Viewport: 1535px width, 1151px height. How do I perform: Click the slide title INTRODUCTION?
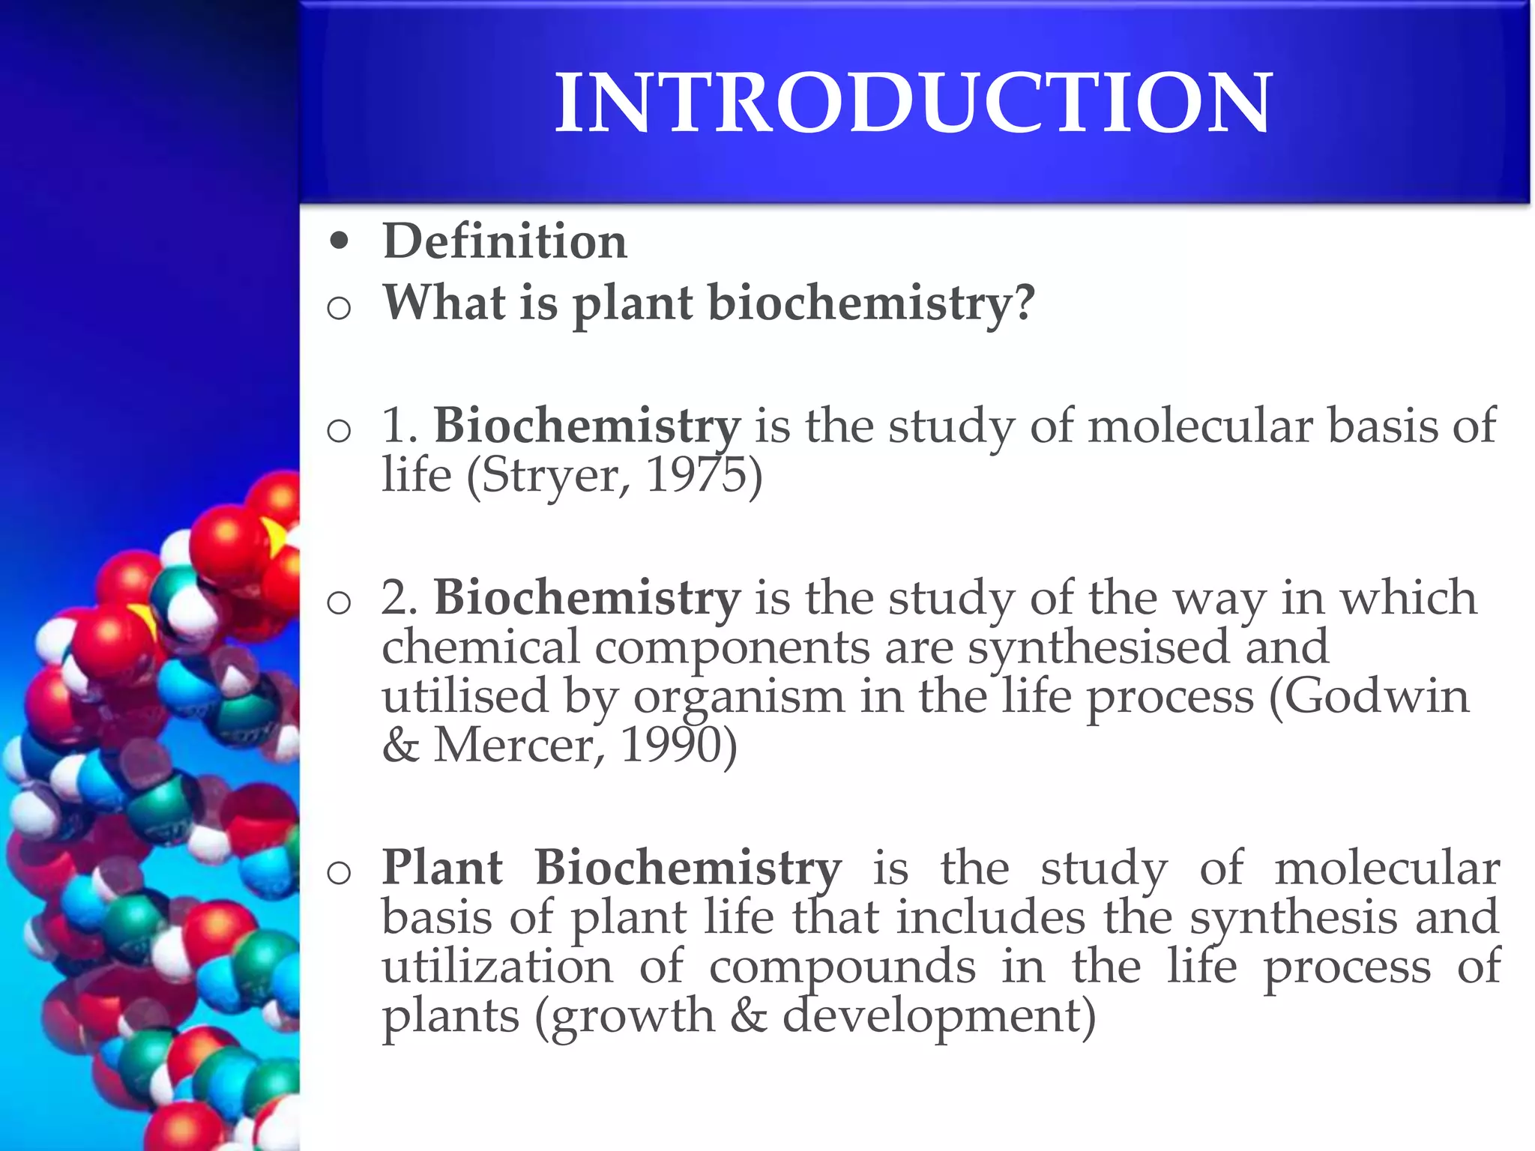click(913, 103)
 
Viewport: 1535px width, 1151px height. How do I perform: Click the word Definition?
click(504, 241)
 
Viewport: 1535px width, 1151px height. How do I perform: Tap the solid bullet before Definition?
click(340, 241)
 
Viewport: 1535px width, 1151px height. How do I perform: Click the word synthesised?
click(1099, 647)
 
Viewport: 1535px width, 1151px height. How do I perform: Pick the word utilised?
click(465, 696)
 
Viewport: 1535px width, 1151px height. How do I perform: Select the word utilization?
click(498, 966)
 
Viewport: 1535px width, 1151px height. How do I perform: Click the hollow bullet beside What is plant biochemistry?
click(340, 307)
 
